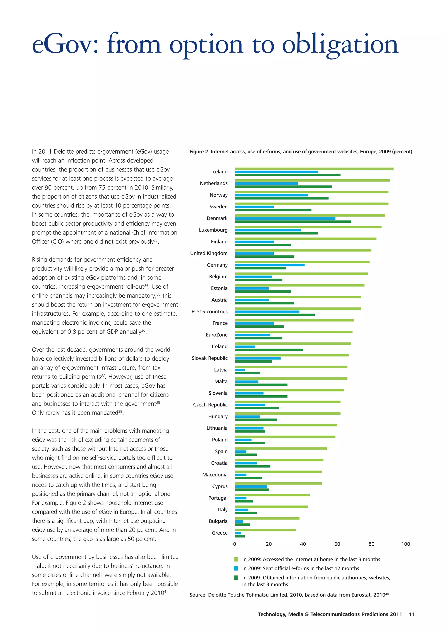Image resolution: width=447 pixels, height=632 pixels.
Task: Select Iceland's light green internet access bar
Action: (314, 169)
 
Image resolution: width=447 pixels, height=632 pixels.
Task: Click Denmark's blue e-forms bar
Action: (285, 218)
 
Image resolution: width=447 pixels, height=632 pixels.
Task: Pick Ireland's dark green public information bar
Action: (268, 349)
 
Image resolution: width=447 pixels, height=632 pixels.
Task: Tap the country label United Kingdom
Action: (209, 253)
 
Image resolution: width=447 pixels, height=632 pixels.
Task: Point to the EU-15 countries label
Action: (209, 312)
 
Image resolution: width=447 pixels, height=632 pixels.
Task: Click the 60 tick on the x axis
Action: (337, 544)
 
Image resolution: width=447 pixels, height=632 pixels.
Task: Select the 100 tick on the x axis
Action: (405, 544)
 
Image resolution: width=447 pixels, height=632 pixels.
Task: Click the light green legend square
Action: (236, 559)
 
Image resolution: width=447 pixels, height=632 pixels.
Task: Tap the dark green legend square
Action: (236, 577)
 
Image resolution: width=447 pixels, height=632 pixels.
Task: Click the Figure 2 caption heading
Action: (301, 152)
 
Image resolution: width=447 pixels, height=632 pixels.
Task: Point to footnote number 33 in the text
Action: (156, 240)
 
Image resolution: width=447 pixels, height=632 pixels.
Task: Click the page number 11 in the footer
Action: (412, 614)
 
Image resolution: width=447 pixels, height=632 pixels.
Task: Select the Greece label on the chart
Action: (220, 533)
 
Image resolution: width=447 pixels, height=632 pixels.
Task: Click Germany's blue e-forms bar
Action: (269, 265)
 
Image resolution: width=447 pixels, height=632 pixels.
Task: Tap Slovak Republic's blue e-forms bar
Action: (258, 358)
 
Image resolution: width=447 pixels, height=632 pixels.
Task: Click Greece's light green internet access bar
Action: (265, 530)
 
